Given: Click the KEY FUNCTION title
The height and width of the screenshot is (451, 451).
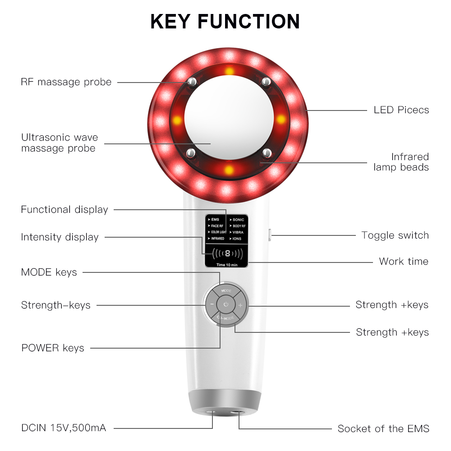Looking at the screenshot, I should [x=225, y=22].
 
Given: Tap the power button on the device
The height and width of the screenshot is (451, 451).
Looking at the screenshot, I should [x=226, y=305].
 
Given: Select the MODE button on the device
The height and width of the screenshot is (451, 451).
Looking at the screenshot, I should [x=226, y=291].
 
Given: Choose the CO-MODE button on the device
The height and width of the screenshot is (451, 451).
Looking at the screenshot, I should [x=226, y=319].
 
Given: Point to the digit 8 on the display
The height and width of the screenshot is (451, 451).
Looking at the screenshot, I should [x=227, y=253].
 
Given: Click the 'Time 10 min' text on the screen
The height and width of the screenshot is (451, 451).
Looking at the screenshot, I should [x=227, y=265].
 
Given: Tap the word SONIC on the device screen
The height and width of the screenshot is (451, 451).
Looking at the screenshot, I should [x=238, y=220].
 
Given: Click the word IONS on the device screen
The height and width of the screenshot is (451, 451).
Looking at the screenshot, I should [x=237, y=238].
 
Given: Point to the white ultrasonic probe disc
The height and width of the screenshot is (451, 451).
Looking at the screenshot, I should [x=228, y=119].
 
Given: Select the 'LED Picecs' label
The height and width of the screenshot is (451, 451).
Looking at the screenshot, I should [x=401, y=110].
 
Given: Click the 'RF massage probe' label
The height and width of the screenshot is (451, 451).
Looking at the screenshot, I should [x=66, y=82].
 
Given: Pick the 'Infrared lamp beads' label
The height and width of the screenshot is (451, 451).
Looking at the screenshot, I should [x=401, y=162].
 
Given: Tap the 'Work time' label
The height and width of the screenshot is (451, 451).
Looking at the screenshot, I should [x=404, y=261].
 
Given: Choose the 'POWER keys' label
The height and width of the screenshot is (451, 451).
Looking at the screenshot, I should [x=53, y=348].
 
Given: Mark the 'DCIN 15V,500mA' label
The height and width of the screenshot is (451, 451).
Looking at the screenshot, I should [x=64, y=428].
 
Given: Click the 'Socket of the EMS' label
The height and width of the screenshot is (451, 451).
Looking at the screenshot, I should [x=383, y=428].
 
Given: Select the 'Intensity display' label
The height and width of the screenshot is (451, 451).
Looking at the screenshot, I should [x=60, y=237].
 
